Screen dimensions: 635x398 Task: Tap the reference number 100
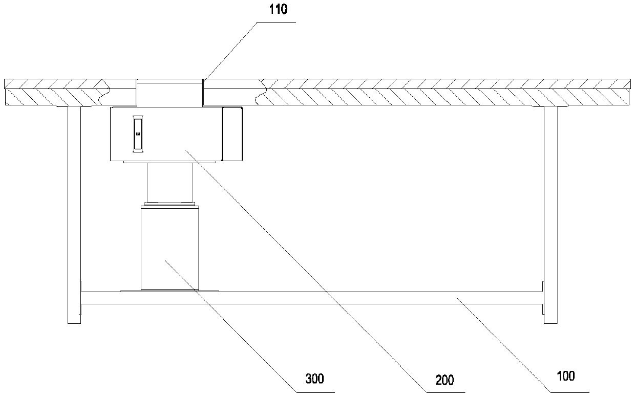[x=565, y=377]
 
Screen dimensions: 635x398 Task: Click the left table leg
[x=74, y=215]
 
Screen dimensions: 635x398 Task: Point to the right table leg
[x=551, y=215]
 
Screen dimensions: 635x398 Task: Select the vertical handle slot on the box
[x=137, y=134]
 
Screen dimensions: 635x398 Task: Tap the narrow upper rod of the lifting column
[x=170, y=183]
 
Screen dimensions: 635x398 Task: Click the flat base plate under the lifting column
[x=170, y=291]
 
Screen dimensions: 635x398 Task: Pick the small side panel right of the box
[x=232, y=134]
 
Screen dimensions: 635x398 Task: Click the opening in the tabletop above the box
[x=170, y=93]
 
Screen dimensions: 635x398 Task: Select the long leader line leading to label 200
[x=307, y=271]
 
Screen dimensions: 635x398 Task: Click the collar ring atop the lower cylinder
[x=170, y=204]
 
